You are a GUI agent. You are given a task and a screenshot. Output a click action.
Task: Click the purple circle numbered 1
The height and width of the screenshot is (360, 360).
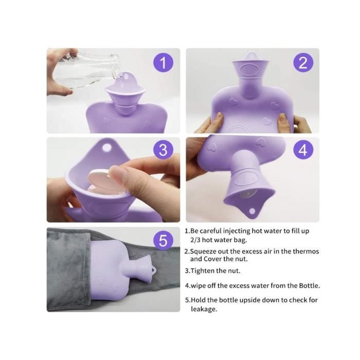(163, 63)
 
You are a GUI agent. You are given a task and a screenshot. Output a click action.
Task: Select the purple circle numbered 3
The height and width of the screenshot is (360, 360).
(163, 150)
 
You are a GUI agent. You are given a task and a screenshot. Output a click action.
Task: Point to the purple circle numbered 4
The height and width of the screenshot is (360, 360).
(303, 150)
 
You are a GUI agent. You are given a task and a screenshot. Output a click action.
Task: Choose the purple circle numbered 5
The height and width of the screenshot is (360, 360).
(163, 241)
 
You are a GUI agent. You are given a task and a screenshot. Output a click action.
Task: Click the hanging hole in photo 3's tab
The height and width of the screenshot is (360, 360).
(107, 148)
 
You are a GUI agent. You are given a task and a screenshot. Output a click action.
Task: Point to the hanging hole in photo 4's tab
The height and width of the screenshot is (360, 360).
(253, 211)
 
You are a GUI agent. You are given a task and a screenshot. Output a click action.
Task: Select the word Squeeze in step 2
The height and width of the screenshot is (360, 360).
(204, 251)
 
